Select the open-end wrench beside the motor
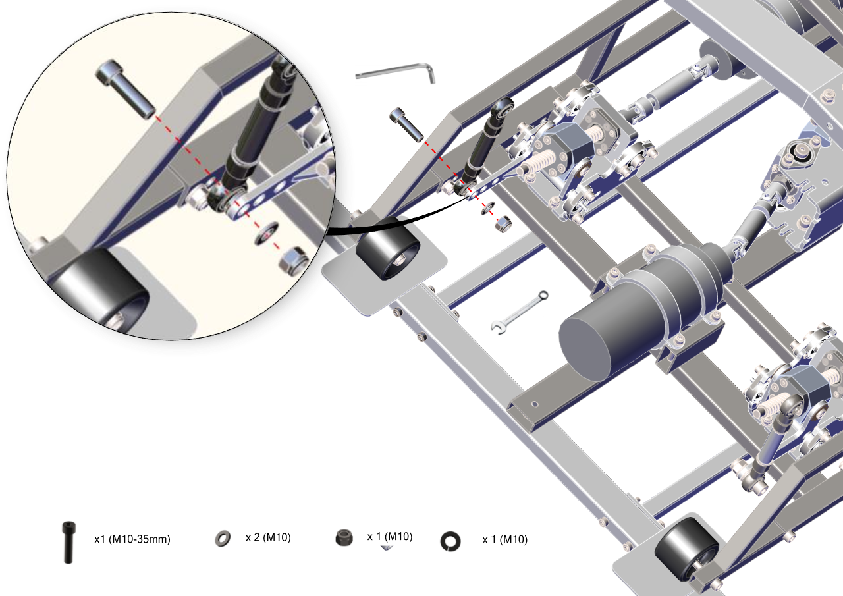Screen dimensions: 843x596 click(x=520, y=312)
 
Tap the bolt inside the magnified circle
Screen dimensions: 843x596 click(x=126, y=89)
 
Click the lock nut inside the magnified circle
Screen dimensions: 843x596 click(x=294, y=259)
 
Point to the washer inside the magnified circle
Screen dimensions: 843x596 click(x=267, y=234)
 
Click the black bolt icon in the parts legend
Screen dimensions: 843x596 click(x=68, y=542)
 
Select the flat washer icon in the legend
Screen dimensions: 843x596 click(x=223, y=539)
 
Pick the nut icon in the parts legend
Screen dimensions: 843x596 click(x=344, y=537)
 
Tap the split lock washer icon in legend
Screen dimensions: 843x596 click(x=450, y=541)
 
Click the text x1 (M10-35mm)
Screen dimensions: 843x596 click(x=132, y=539)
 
